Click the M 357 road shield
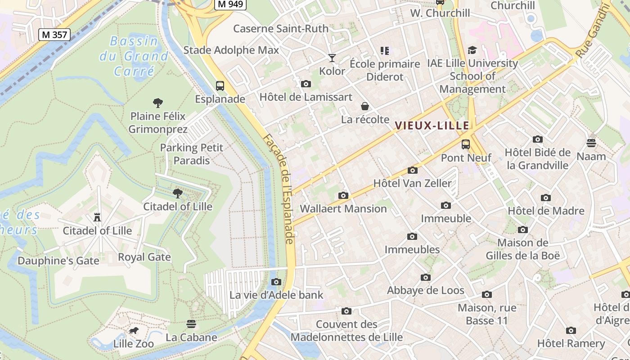point(54,35)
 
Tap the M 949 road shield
point(230,4)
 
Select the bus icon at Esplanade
point(220,86)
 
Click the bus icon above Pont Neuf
point(466,144)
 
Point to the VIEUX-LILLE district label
point(432,126)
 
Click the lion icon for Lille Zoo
point(133,331)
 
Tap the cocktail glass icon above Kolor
point(332,58)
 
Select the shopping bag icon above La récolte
point(365,106)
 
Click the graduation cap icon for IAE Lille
point(472,50)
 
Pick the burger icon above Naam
point(591,143)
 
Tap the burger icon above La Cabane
point(191,324)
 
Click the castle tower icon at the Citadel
point(97,217)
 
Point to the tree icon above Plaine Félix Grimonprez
point(157,103)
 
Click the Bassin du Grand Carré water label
point(134,56)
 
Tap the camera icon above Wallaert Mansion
point(343,195)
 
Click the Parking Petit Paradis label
point(192,154)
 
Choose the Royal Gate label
point(144,257)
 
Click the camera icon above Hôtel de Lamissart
point(306,84)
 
